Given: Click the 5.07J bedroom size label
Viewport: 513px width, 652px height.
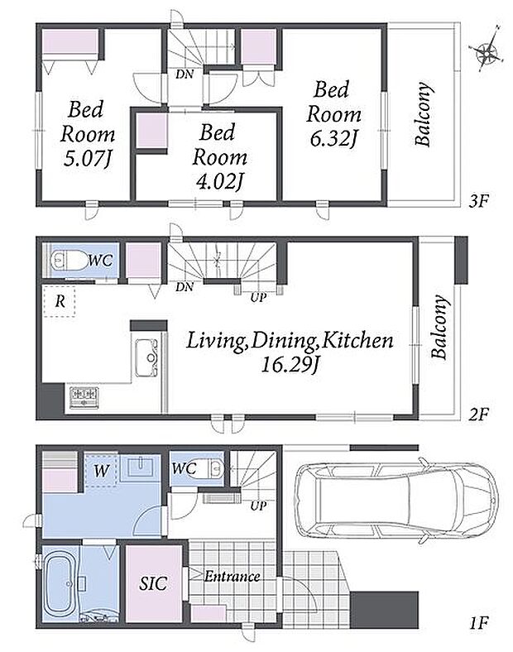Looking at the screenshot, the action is (x=88, y=158).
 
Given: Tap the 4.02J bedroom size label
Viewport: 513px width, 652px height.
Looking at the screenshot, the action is (x=219, y=181).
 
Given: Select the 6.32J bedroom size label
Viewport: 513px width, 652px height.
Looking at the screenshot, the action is (x=333, y=139).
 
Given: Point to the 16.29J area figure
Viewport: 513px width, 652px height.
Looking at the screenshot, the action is (x=290, y=365).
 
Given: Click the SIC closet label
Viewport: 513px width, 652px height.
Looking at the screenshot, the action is (x=153, y=583).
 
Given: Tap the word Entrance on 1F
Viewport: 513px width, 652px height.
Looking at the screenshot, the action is (x=232, y=577).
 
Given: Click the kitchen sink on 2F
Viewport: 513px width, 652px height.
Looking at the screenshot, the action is (x=145, y=357).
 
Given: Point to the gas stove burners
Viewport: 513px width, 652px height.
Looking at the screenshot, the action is (x=84, y=397).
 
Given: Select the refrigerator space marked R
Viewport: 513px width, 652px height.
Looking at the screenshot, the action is (x=60, y=301).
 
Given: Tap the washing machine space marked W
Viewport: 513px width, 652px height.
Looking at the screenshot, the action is (x=101, y=470).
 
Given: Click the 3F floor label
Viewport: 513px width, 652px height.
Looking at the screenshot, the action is (x=478, y=202).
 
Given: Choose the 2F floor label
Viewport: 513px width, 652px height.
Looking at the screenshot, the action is (x=478, y=415).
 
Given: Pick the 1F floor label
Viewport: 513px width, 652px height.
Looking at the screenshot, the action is (x=478, y=622).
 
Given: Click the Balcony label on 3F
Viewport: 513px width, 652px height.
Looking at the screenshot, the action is (x=422, y=114).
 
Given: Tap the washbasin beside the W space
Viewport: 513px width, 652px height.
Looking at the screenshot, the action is (x=141, y=467).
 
